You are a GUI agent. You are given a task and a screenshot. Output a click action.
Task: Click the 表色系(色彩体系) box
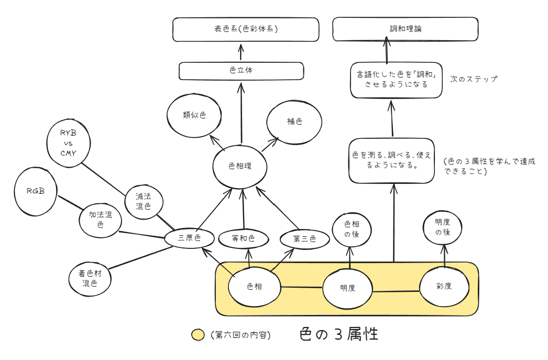pyautogui.click(x=246, y=29)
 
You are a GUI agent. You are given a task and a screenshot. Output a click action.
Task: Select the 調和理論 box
pyautogui.click(x=405, y=29)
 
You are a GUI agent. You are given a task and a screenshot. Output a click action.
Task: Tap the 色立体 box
pyautogui.click(x=241, y=71)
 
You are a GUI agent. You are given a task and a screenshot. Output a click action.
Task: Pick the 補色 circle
pyautogui.click(x=294, y=122)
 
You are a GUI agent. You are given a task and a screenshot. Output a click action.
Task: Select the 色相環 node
pyautogui.click(x=241, y=166)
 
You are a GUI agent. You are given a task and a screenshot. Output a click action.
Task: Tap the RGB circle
pyautogui.click(x=36, y=191)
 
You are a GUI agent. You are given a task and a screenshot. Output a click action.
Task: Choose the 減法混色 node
pyautogui.click(x=144, y=201)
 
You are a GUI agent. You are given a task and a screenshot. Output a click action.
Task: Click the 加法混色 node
pyautogui.click(x=100, y=219)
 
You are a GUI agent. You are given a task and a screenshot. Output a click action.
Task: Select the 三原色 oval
pyautogui.click(x=190, y=238)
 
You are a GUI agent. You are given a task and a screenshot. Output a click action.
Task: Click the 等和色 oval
pyautogui.click(x=244, y=239)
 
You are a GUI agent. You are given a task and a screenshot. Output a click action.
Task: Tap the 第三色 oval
pyautogui.click(x=304, y=239)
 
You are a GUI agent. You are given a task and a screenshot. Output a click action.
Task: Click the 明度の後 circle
pyautogui.click(x=443, y=227)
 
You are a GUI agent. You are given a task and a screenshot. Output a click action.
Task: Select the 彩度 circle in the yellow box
pyautogui.click(x=444, y=286)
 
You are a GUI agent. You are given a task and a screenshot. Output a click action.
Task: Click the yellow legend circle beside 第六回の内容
pyautogui.click(x=198, y=335)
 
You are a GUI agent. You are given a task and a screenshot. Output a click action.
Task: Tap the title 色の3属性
pyautogui.click(x=338, y=334)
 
